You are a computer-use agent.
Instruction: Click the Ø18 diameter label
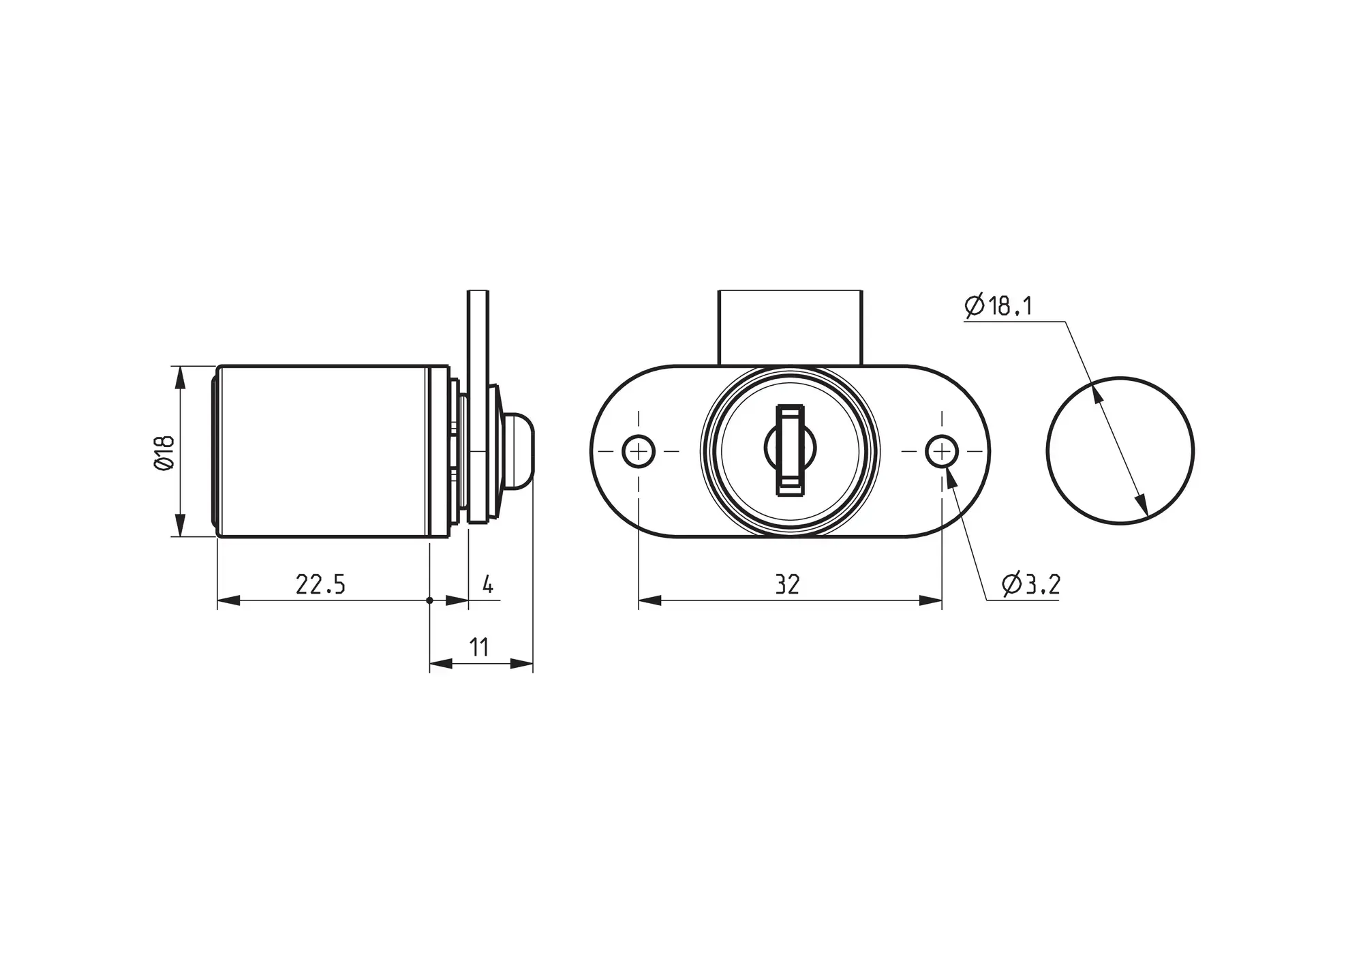165,453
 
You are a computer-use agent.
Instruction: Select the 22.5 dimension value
320,585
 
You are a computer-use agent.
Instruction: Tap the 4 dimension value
488,585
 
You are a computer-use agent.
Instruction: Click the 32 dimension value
787,585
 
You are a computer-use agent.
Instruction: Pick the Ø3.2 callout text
1031,585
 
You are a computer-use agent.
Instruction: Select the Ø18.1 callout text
998,307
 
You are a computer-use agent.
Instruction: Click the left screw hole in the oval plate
639,451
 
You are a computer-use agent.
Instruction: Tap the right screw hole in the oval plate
942,451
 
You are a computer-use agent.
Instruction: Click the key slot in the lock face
791,450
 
